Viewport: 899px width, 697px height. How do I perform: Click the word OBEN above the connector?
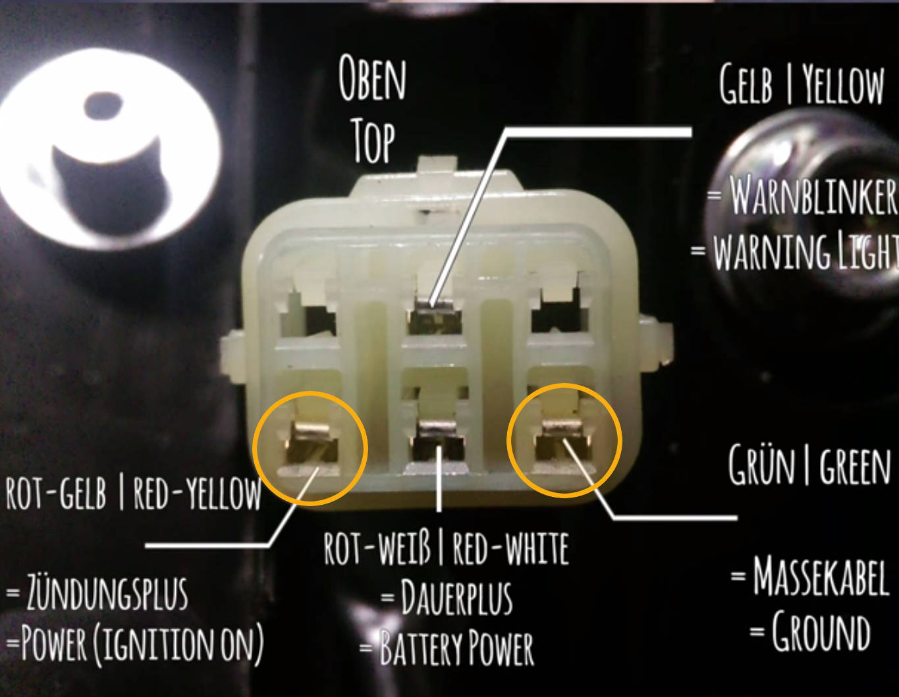pyautogui.click(x=372, y=78)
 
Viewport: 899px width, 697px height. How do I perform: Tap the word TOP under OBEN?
pyautogui.click(x=374, y=140)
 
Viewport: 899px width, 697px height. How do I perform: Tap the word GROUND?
pyautogui.click(x=821, y=632)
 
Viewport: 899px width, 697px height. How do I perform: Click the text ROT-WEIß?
pyautogui.click(x=377, y=548)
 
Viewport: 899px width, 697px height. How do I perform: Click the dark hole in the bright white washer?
pyautogui.click(x=103, y=105)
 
